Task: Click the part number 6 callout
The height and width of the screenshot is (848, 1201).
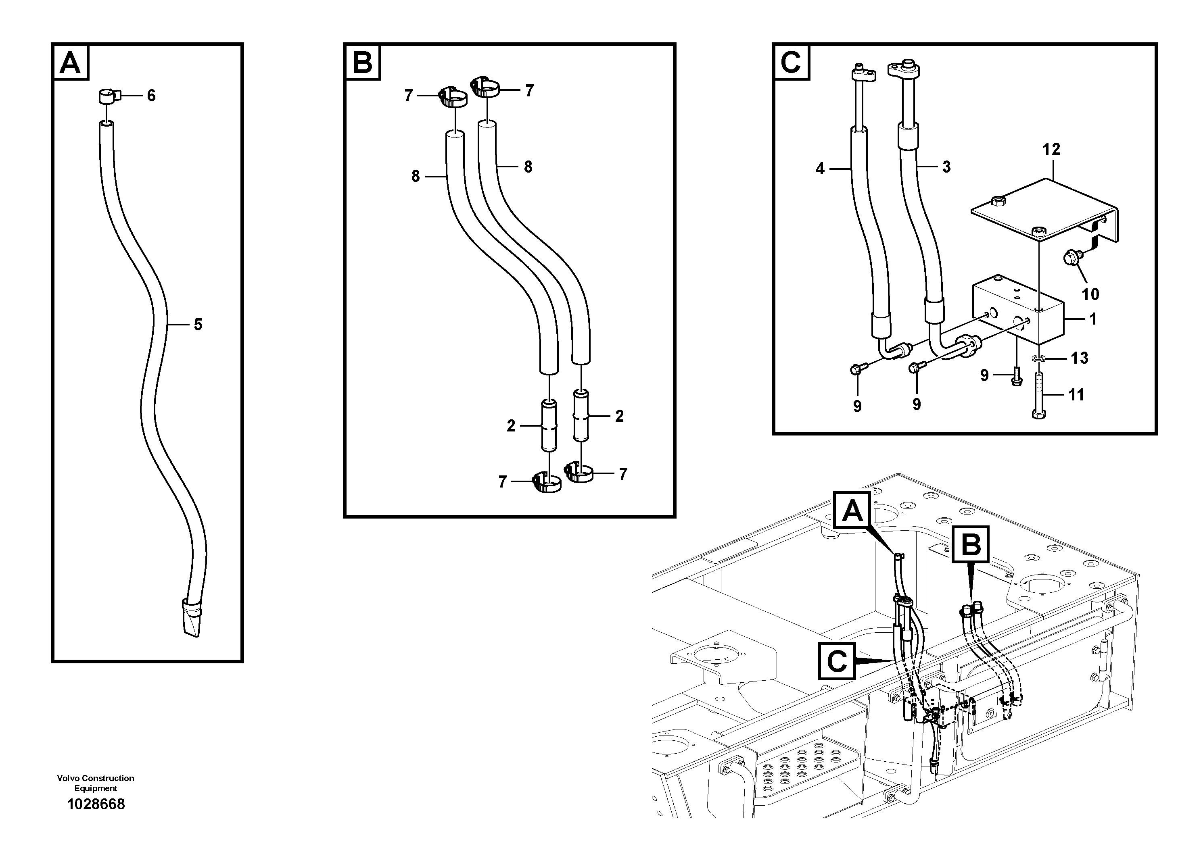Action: (151, 96)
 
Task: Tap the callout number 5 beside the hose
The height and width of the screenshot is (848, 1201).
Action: (198, 325)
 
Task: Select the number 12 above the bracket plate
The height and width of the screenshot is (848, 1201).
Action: (1051, 149)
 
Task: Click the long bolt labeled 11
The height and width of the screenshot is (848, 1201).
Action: (1039, 395)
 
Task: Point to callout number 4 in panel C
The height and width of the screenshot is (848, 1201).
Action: (820, 168)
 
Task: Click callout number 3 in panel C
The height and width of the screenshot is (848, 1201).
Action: (946, 167)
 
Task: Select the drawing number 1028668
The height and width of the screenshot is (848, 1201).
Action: (96, 804)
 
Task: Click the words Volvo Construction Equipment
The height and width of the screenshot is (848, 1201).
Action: (96, 783)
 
